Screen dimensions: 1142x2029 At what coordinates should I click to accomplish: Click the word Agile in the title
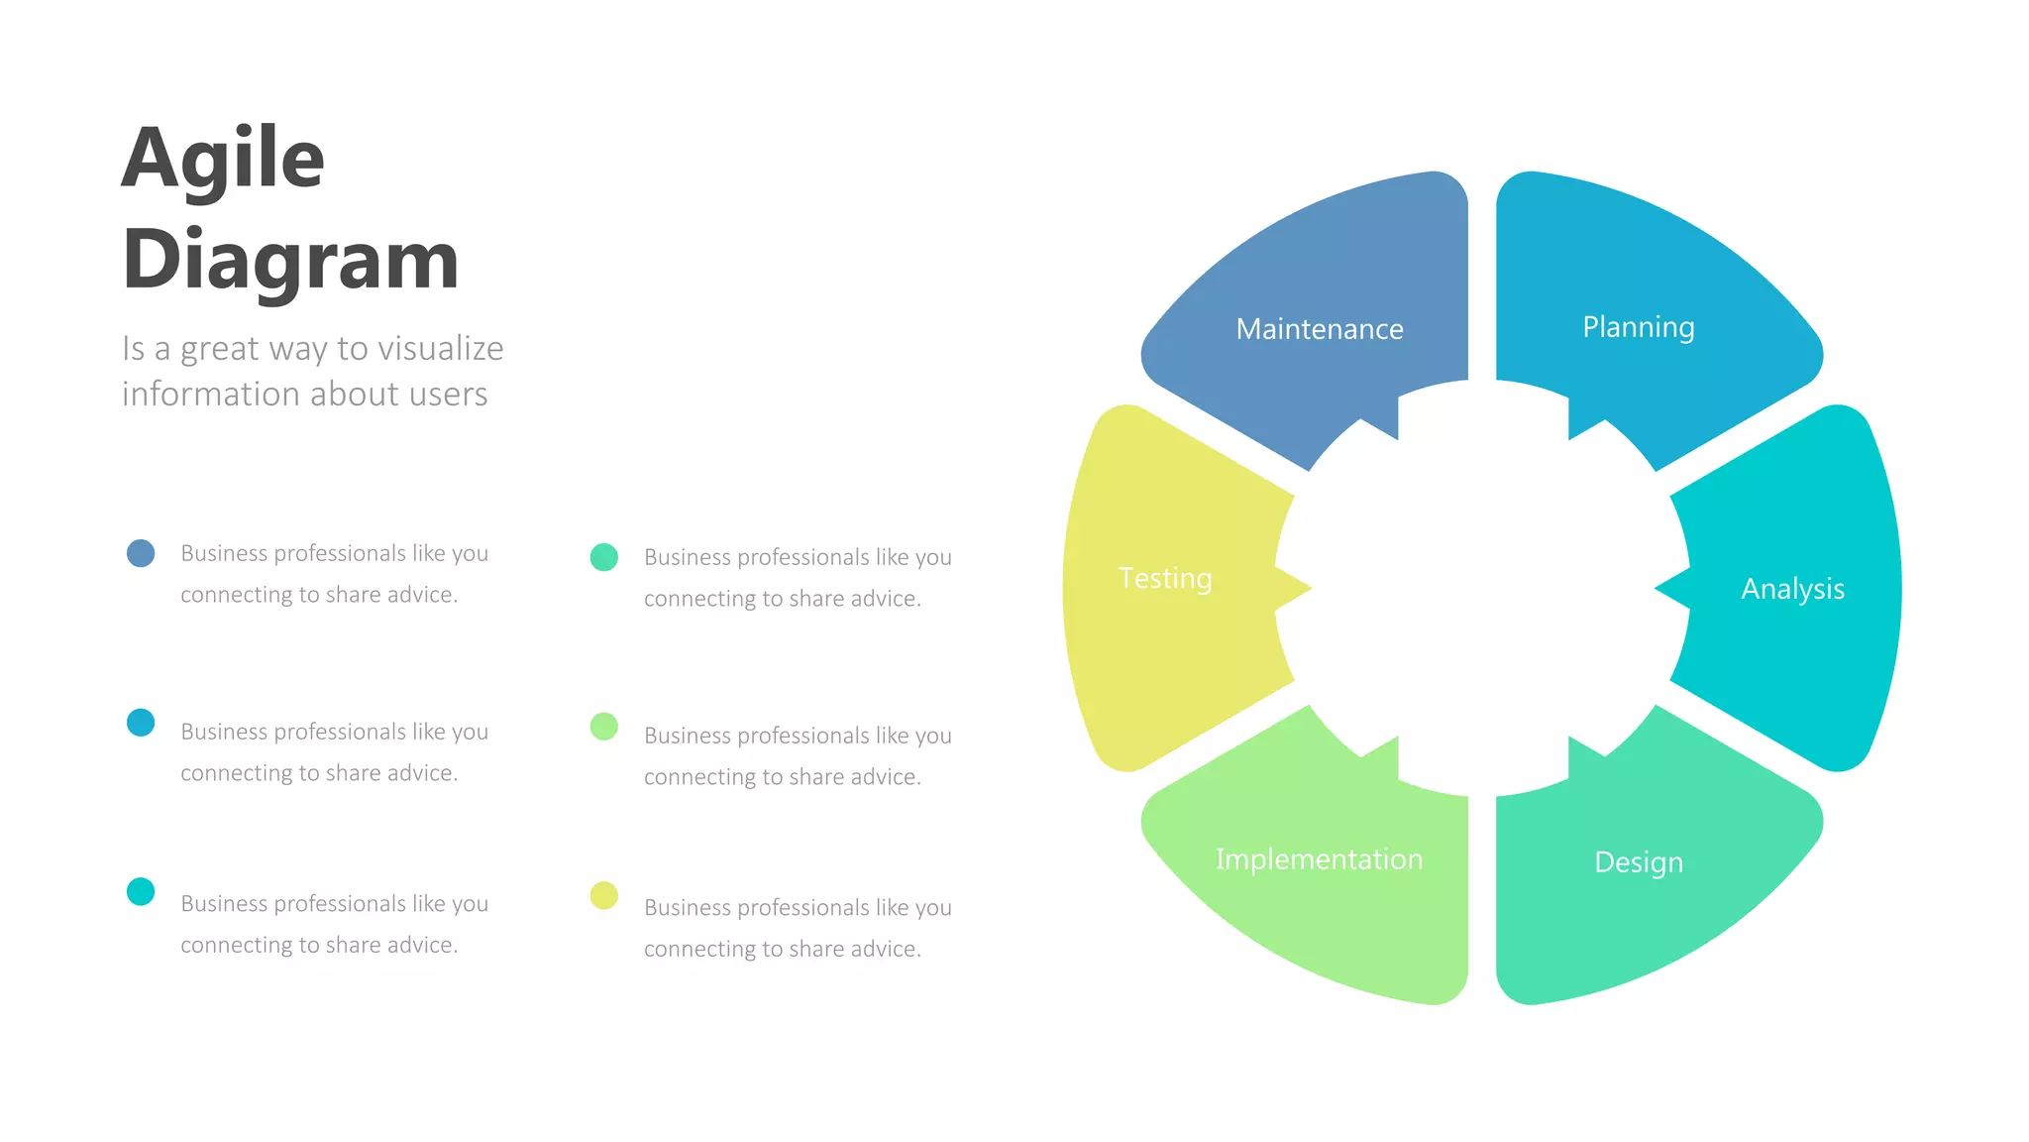[x=223, y=159]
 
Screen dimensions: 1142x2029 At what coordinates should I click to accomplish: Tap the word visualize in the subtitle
[x=441, y=349]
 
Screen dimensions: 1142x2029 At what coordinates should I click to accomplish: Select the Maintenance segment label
[x=1320, y=329]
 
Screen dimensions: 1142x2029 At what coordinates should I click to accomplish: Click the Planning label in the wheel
[x=1639, y=327]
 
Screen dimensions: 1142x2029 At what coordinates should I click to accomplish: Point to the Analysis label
[x=1792, y=589]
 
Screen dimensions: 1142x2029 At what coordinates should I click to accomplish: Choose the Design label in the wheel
[x=1639, y=862]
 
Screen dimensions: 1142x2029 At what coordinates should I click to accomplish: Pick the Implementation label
[x=1319, y=859]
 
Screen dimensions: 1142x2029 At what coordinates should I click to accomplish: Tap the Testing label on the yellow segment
[x=1165, y=578]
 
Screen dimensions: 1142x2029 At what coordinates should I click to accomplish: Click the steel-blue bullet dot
[x=141, y=553]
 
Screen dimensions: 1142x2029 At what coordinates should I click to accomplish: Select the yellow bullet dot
[x=604, y=895]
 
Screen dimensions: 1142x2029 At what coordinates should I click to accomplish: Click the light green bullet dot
[x=604, y=727]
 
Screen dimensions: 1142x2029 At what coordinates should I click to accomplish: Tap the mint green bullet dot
[x=604, y=557]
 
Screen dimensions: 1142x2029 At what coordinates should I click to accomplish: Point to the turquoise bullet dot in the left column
[x=141, y=891]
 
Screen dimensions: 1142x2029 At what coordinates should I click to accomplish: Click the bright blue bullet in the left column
[x=141, y=723]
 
